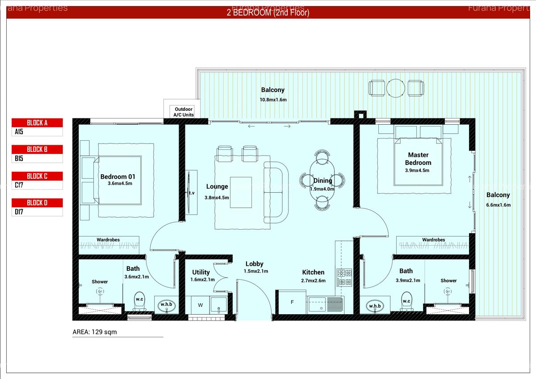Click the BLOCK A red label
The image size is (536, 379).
point(37,123)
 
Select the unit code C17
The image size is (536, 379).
point(19,185)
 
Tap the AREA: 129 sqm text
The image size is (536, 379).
point(95,332)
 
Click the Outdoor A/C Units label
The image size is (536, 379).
point(184,112)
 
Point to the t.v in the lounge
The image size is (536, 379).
point(192,193)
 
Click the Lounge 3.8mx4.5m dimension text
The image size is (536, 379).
point(217,198)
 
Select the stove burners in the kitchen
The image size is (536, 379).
point(344,277)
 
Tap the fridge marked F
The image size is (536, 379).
point(292,302)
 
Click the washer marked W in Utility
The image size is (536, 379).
point(200,305)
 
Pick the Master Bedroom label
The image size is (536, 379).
point(418,159)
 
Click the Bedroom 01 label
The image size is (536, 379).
point(117,177)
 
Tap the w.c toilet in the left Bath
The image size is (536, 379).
point(139,301)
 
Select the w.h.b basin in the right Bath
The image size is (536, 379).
point(374,306)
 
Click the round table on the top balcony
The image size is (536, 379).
point(395,88)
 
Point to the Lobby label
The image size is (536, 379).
point(254,264)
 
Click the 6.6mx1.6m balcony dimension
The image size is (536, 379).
point(498,205)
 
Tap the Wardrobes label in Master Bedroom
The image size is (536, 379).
point(433,240)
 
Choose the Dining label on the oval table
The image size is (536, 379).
point(322,181)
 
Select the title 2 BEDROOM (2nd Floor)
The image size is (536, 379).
point(268,13)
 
